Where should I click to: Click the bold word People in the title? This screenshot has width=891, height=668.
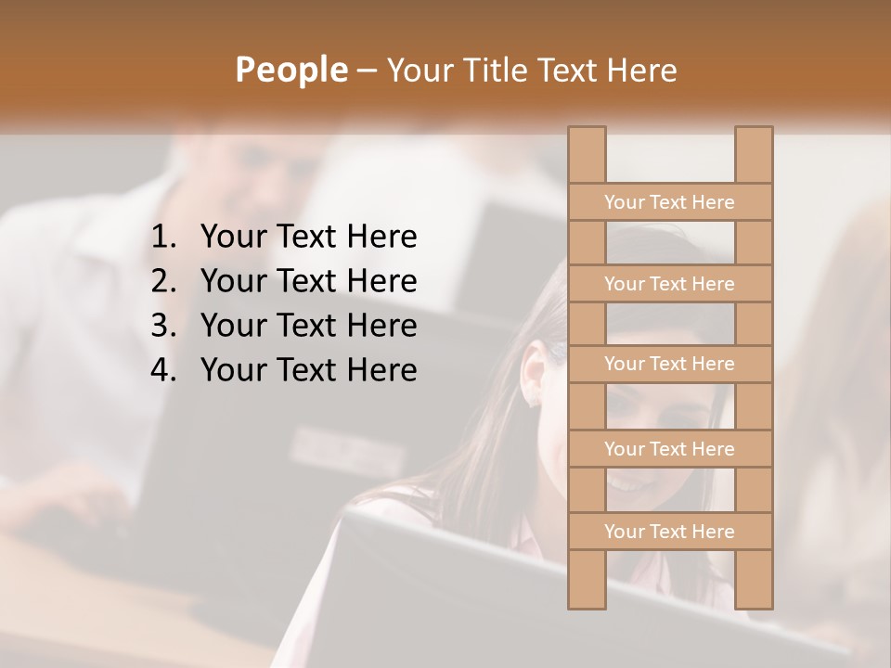pos(291,70)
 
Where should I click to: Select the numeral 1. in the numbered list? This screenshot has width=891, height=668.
pos(163,238)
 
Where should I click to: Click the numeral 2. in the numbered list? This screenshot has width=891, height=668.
pos(163,281)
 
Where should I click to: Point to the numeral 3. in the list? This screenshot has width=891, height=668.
pos(163,326)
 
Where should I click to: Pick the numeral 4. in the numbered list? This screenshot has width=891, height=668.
pos(163,370)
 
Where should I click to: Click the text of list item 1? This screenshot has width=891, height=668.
pos(308,238)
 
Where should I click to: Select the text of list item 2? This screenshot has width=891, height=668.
pos(308,281)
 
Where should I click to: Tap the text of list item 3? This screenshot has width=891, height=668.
pos(308,326)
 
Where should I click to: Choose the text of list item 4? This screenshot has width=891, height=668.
pos(308,370)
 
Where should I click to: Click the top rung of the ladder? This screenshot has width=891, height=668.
pos(669,202)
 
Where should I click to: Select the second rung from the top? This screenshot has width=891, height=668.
pos(669,284)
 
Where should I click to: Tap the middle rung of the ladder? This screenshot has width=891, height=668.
pos(669,365)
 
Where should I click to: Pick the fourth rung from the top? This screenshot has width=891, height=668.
pos(669,449)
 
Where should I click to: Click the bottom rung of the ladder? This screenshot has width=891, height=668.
pos(669,532)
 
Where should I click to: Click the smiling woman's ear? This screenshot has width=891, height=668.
pos(535,373)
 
